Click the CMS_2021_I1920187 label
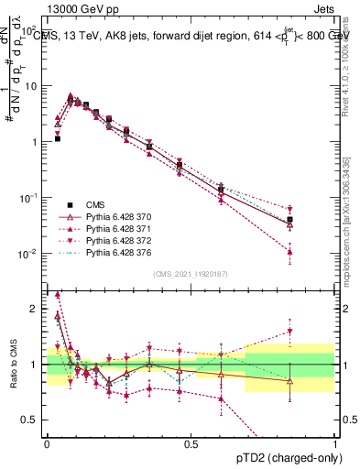pos(191,274)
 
